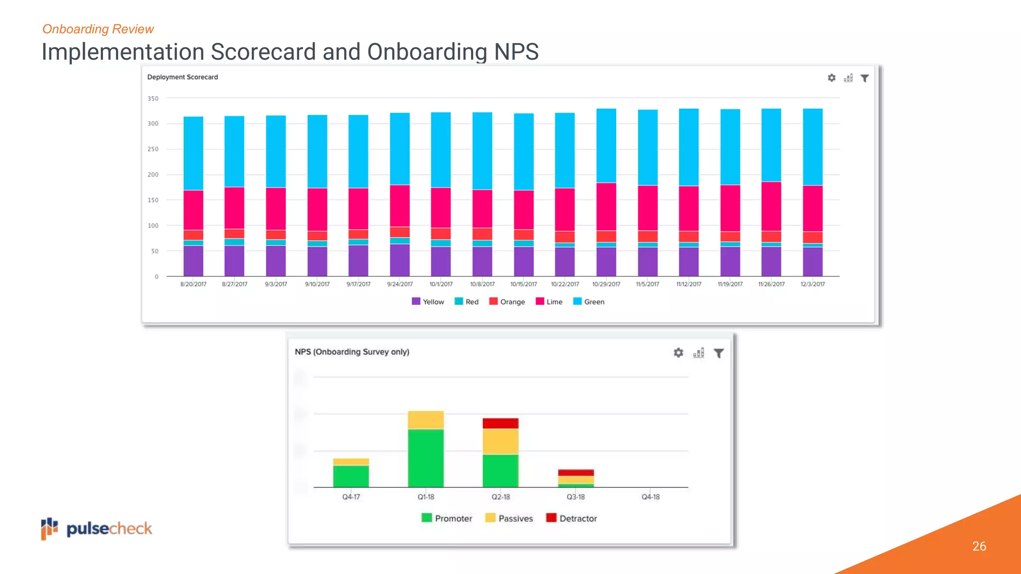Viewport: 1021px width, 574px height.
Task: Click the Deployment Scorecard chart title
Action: (182, 77)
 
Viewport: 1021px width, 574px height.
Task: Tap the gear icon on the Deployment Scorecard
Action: (832, 78)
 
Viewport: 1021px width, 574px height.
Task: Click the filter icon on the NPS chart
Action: (718, 353)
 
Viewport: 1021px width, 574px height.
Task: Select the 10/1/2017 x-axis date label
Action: (441, 284)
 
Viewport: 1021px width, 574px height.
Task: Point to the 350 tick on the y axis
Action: (153, 99)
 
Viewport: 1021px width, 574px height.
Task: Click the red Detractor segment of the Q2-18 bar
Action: (501, 423)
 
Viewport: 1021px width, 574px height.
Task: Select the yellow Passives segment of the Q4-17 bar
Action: (351, 462)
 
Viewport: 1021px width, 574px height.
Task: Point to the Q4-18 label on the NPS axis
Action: (651, 497)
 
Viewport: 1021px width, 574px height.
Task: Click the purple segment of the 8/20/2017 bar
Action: (193, 261)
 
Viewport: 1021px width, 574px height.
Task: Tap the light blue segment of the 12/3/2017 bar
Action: (813, 147)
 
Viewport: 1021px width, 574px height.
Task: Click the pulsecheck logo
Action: (97, 529)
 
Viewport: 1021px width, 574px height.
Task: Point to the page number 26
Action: (979, 546)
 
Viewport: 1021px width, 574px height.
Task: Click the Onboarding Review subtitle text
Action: (98, 29)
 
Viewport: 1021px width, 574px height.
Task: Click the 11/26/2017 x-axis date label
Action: (771, 284)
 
